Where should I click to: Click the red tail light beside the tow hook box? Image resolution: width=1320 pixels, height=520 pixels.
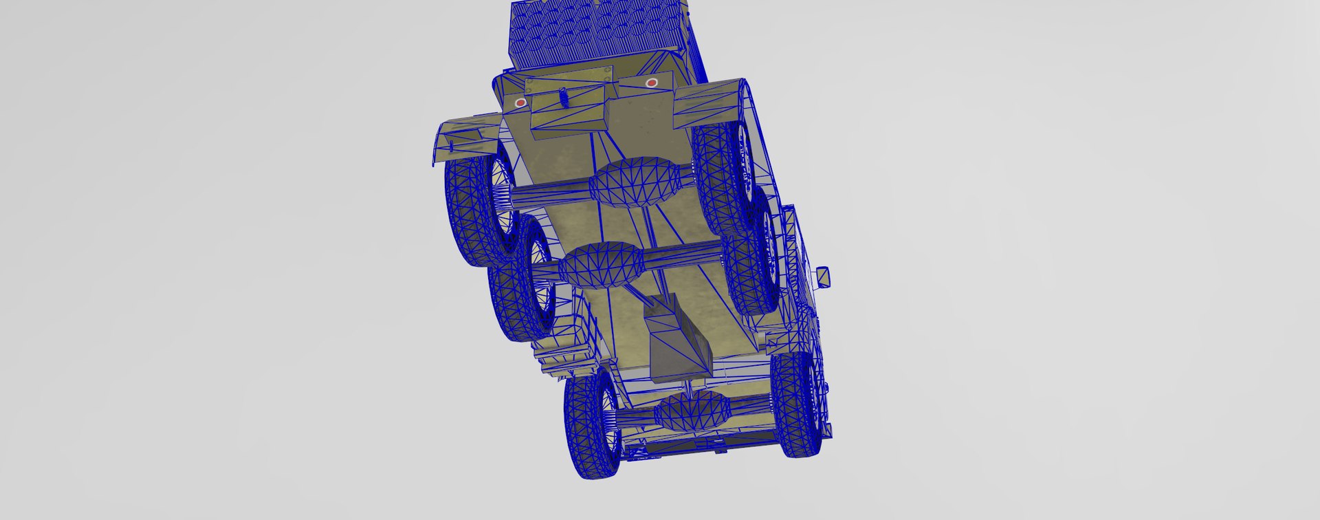coord(520,102)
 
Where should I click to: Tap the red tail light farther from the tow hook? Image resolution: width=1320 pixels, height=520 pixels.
coord(652,83)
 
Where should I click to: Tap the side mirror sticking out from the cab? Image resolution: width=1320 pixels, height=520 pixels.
coord(823,277)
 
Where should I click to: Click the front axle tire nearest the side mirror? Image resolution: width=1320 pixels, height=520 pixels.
coord(797,406)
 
